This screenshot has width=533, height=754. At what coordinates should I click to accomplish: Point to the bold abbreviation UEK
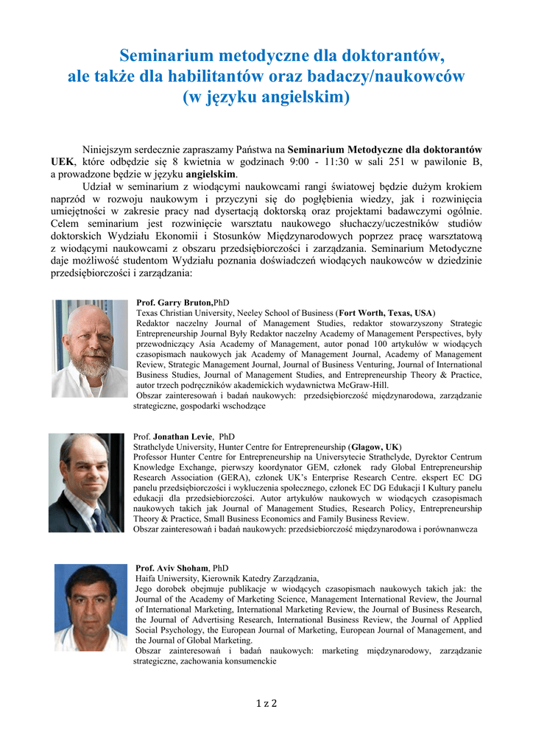point(62,162)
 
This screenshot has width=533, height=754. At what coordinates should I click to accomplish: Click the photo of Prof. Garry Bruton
point(90,348)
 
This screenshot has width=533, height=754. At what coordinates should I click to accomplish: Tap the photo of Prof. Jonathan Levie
point(86,482)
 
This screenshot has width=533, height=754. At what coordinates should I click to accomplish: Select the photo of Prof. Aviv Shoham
point(91,607)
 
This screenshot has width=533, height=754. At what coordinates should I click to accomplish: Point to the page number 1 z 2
point(266,703)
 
